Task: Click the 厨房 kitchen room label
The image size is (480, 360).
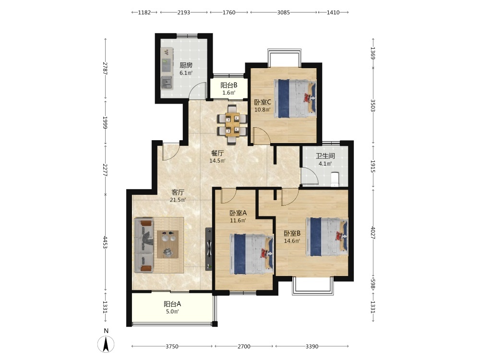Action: pos(186,65)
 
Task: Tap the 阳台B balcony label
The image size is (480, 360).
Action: pos(229,85)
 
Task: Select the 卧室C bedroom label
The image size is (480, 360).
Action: pos(263,102)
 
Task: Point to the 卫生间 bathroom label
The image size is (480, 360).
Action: pos(325,156)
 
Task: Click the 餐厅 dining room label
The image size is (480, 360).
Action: pos(217,153)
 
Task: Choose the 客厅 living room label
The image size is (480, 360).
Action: pos(178,192)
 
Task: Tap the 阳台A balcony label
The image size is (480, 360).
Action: pos(172,304)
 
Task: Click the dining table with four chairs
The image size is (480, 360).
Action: pos(232,125)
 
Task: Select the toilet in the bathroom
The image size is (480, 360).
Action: pos(335,180)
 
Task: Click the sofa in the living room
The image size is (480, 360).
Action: pos(144,245)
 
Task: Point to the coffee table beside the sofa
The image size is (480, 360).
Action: pos(168,244)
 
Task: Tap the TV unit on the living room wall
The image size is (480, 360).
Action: pos(209,249)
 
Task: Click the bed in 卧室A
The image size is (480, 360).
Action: pos(252,254)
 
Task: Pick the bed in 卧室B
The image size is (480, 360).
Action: pos(327,237)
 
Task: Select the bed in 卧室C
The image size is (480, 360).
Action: pos(295,98)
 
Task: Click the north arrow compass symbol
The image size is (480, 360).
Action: pos(106,344)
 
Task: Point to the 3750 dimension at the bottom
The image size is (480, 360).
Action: pos(172,347)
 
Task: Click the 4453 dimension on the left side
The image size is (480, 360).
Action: pos(105,242)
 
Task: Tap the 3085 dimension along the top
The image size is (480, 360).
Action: pos(284,12)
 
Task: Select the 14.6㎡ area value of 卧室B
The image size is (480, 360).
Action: pos(292,241)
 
